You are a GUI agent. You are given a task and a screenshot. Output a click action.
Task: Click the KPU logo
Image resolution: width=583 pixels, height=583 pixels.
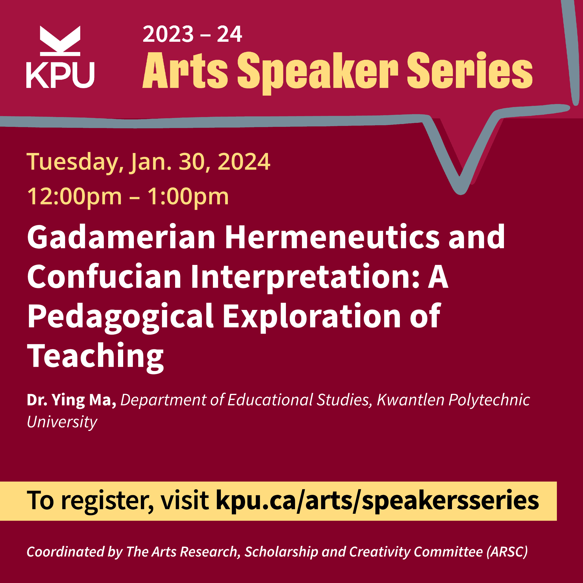60,57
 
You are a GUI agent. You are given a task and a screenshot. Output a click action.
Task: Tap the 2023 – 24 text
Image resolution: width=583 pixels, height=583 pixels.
192,34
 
